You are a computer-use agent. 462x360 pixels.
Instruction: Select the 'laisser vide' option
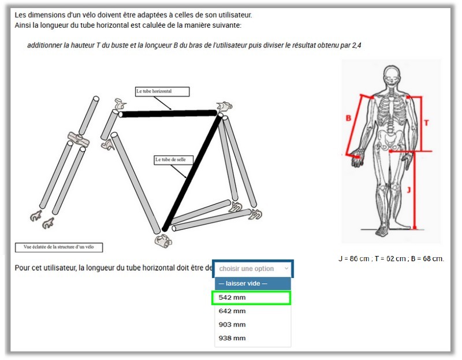click(x=252, y=284)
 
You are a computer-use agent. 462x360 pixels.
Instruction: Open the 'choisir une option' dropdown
click(x=254, y=269)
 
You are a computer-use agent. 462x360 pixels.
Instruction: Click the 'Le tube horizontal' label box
click(x=162, y=91)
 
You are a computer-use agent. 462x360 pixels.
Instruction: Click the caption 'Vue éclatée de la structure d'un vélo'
click(x=58, y=247)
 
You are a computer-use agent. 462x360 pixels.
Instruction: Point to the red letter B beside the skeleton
click(x=348, y=118)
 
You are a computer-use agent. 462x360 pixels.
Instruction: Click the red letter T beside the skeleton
click(x=426, y=123)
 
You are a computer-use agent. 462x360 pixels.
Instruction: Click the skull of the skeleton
click(x=392, y=76)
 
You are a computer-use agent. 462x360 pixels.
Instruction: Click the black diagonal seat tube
click(x=192, y=172)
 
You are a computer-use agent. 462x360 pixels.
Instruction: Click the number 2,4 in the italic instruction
click(x=356, y=45)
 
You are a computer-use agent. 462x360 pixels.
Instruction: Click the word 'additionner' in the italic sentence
click(x=44, y=45)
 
